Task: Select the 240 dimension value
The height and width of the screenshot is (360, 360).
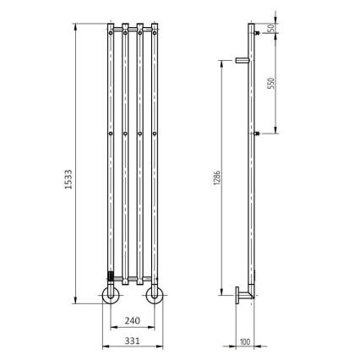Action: [132, 320]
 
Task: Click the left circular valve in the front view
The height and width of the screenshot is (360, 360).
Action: [111, 295]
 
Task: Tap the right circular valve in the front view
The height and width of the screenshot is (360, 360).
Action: [155, 295]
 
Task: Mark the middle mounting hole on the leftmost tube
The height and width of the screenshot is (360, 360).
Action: [111, 134]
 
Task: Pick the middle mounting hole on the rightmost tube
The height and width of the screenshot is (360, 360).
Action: [155, 134]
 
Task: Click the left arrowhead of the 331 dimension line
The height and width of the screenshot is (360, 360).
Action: [104, 346]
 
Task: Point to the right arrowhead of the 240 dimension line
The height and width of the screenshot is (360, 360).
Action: [153, 328]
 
